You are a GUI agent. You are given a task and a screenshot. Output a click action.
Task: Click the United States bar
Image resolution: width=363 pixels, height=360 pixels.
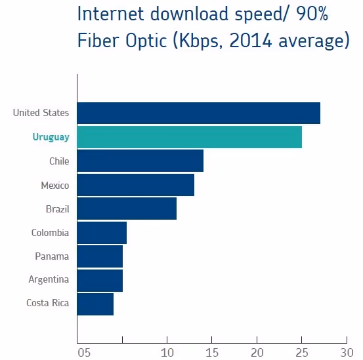[198, 113]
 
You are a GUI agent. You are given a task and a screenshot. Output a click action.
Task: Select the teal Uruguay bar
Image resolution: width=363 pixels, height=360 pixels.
[189, 137]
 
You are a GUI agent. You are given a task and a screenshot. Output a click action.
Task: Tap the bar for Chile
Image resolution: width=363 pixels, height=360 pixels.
[140, 161]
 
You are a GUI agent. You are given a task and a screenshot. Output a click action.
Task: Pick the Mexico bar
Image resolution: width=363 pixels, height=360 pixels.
[135, 185]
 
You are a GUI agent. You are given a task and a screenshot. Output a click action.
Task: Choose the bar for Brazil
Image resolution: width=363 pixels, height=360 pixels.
[127, 209]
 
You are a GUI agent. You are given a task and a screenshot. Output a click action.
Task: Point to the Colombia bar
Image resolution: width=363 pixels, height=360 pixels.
[102, 233]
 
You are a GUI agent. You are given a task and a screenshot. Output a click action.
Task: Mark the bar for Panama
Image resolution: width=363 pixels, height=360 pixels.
[100, 256]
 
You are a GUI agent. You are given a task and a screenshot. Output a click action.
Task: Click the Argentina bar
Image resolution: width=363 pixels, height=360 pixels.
[100, 280]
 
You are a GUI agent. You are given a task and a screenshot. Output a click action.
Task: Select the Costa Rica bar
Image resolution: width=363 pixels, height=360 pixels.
[95, 304]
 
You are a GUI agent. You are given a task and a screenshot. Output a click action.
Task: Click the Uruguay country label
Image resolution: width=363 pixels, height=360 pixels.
[51, 137]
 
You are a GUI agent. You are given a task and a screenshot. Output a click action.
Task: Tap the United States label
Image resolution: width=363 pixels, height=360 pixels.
[41, 113]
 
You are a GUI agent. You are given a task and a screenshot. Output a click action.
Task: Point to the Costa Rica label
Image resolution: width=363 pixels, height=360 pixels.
[47, 303]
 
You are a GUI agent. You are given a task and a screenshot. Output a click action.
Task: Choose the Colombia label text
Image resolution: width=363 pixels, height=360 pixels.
[50, 232]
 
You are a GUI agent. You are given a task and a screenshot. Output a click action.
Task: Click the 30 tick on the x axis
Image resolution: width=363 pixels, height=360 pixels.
[347, 351]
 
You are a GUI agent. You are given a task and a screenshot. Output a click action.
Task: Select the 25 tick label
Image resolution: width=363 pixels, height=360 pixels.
[301, 351]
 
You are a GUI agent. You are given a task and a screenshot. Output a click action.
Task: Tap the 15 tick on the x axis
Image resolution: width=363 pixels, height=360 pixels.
[212, 351]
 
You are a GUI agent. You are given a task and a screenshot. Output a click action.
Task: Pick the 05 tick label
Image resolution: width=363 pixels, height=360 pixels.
[84, 351]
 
